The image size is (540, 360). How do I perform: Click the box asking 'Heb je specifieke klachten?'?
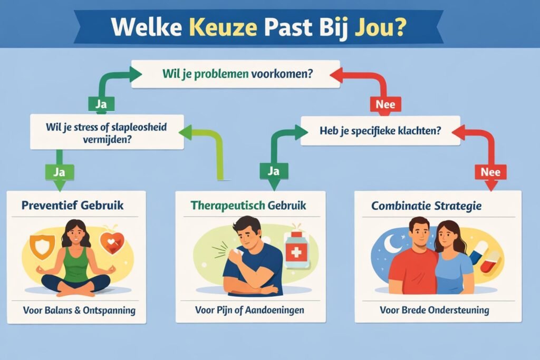click(380, 131)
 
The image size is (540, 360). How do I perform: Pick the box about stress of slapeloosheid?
click(107, 132)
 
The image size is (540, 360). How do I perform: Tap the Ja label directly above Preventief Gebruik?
click(59, 171)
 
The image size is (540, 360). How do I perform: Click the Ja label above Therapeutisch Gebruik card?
click(273, 171)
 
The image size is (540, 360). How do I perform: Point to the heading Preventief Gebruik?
click(73, 205)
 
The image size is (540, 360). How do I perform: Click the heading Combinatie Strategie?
click(426, 206)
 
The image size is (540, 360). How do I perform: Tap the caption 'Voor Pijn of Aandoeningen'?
click(249, 310)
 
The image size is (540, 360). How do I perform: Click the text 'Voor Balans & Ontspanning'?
click(79, 310)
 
